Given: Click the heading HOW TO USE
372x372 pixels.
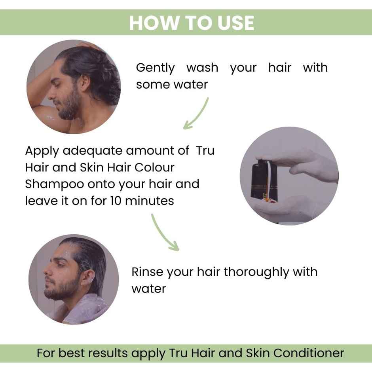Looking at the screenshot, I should click(191, 23).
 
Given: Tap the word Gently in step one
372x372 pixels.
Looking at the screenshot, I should click(155, 68).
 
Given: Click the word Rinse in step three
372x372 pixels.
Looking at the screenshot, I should click(147, 272).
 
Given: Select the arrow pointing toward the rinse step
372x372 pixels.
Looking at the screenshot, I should click(164, 233).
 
